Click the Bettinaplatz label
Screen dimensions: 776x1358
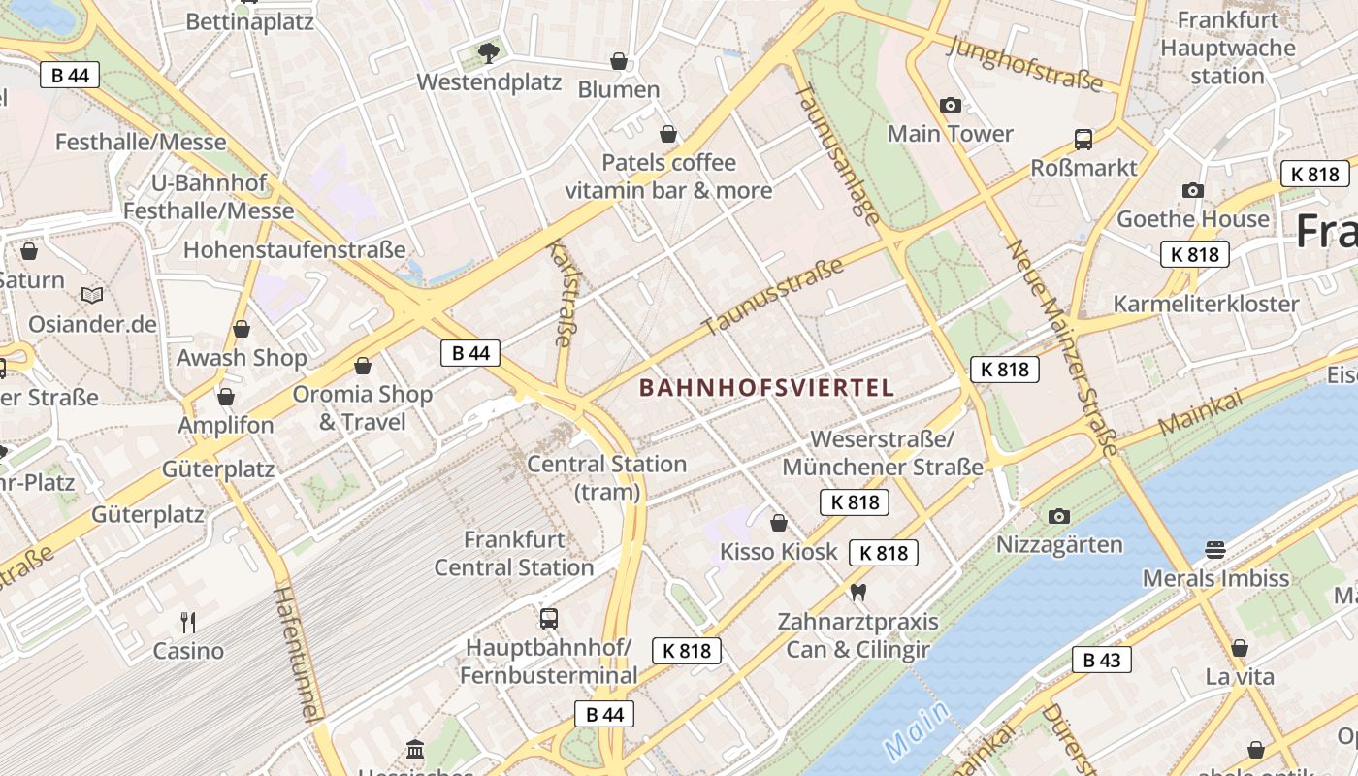[x=249, y=21]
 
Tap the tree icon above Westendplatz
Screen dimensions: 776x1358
[x=488, y=52]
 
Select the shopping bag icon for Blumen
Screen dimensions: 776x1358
[x=619, y=62]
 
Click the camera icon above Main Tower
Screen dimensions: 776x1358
[x=951, y=105]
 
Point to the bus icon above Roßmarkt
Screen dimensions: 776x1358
[x=1083, y=139]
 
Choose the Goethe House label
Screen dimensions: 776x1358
[x=1192, y=219]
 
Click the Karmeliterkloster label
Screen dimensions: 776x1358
[x=1206, y=304]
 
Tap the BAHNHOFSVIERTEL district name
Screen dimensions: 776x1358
[x=766, y=388]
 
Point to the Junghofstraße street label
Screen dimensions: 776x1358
[x=1025, y=64]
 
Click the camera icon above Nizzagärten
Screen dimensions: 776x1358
[x=1059, y=516]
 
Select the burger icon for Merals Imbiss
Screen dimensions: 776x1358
[x=1215, y=550]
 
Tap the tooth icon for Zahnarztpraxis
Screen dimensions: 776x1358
[x=857, y=591]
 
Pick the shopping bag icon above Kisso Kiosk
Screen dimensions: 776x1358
[x=778, y=524]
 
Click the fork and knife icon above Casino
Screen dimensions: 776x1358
[x=188, y=622]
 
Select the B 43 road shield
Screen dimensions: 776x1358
[x=1101, y=661]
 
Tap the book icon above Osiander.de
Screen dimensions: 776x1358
[x=92, y=295]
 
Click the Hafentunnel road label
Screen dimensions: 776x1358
[x=297, y=655]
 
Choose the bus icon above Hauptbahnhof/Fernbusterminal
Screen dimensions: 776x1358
[x=548, y=618]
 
